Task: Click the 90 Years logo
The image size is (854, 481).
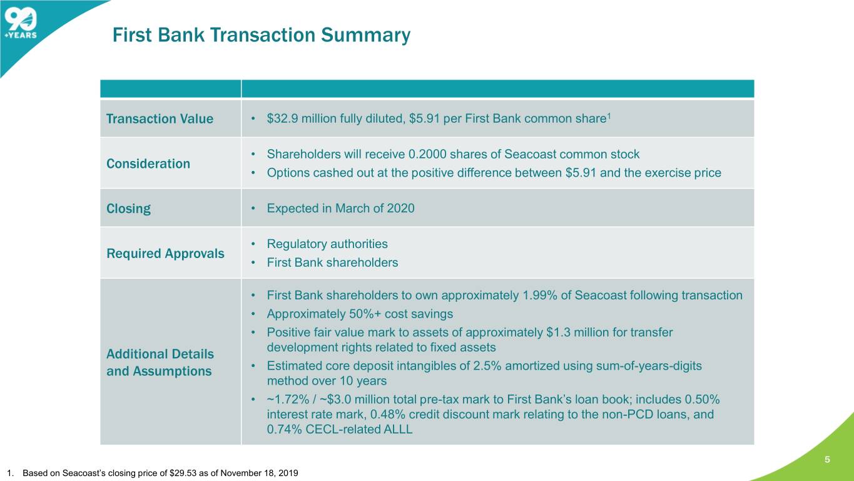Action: pyautogui.click(x=21, y=24)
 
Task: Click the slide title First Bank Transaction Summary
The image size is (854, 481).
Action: pyautogui.click(x=262, y=35)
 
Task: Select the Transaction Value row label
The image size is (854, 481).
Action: pyautogui.click(x=160, y=119)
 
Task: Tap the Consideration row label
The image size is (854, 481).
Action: pyautogui.click(x=148, y=163)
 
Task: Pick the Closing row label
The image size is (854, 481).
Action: pyautogui.click(x=128, y=209)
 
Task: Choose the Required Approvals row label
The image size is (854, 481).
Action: pyautogui.click(x=165, y=254)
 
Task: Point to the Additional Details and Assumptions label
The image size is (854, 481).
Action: pyautogui.click(x=160, y=363)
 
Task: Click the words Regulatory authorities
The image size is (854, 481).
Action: pyautogui.click(x=327, y=244)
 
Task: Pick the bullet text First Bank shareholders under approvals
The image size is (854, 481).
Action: pyautogui.click(x=332, y=262)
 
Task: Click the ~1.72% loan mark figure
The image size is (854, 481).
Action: pyautogui.click(x=288, y=400)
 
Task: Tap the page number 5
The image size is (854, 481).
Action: pyautogui.click(x=827, y=460)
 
